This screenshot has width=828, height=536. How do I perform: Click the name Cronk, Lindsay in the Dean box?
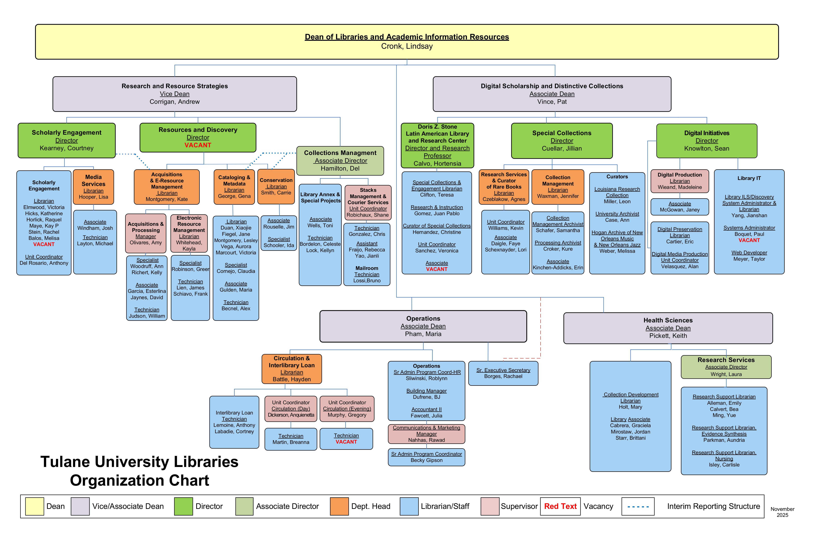click(x=407, y=46)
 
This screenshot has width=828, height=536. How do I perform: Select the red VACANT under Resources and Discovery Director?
click(x=198, y=145)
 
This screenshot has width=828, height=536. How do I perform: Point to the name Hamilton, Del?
click(x=340, y=168)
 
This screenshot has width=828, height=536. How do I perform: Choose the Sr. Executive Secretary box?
click(x=503, y=373)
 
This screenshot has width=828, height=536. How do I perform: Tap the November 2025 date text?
click(x=782, y=512)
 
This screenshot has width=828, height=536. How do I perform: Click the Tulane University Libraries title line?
click(x=139, y=462)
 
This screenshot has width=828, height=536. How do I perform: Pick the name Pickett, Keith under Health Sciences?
click(x=668, y=336)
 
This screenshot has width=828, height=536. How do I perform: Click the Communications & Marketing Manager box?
click(x=427, y=434)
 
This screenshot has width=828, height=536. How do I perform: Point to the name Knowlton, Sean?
click(x=707, y=149)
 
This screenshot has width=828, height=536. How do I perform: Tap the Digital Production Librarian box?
click(x=679, y=181)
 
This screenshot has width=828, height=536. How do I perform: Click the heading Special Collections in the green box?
click(x=562, y=133)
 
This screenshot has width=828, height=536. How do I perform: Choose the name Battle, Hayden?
click(x=292, y=379)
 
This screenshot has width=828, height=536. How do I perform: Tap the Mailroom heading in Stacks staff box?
click(x=367, y=268)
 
